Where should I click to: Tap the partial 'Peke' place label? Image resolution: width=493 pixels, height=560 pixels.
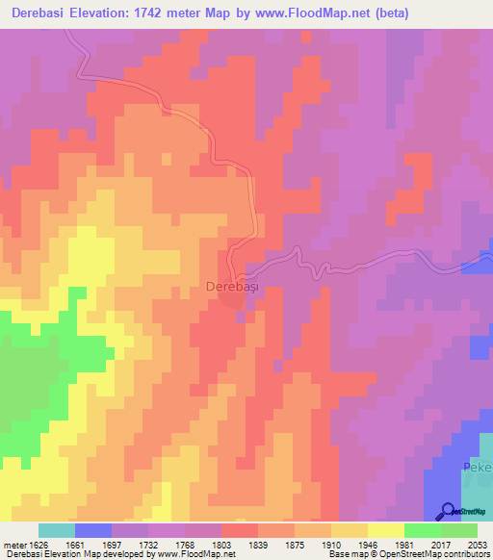[x=478, y=468]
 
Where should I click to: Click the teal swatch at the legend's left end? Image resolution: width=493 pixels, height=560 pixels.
[x=57, y=530]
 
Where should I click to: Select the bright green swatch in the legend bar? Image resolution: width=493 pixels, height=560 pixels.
[x=423, y=530]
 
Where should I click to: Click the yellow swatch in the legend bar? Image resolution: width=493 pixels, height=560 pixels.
[x=386, y=530]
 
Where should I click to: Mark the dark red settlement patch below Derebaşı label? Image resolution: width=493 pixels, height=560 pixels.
[x=232, y=301]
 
